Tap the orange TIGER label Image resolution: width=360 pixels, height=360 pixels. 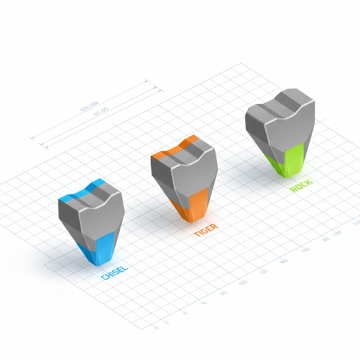[206, 230]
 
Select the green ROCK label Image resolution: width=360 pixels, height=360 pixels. [301, 185]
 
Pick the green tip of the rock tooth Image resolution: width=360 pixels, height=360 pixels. [293, 160]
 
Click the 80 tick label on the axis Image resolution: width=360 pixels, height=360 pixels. [326, 239]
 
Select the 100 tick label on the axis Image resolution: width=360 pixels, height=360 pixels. [243, 283]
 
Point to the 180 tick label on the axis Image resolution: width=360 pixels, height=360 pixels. [305, 250]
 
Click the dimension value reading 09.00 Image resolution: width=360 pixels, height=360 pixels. [101, 112]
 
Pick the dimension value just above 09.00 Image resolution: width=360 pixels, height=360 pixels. [89, 106]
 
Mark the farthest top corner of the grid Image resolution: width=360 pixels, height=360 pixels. [241, 63]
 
